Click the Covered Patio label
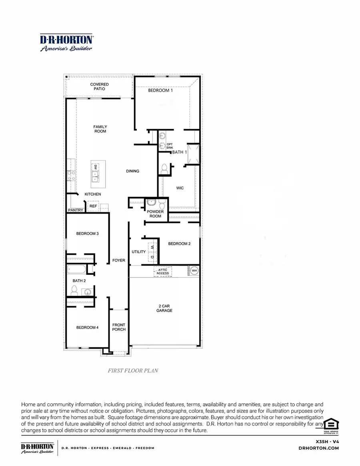click(x=99, y=87)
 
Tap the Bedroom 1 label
click(x=161, y=90)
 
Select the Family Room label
click(x=100, y=129)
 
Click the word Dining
click(x=132, y=171)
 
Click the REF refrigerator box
click(x=93, y=206)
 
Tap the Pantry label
click(x=76, y=210)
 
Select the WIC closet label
click(x=180, y=188)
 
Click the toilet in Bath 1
click(x=164, y=170)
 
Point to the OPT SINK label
click(x=170, y=146)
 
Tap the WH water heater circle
click(x=194, y=271)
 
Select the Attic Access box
click(x=163, y=271)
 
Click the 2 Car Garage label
click(x=164, y=308)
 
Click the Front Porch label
click(x=119, y=327)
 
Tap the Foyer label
click(x=119, y=260)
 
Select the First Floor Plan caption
click(x=133, y=370)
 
